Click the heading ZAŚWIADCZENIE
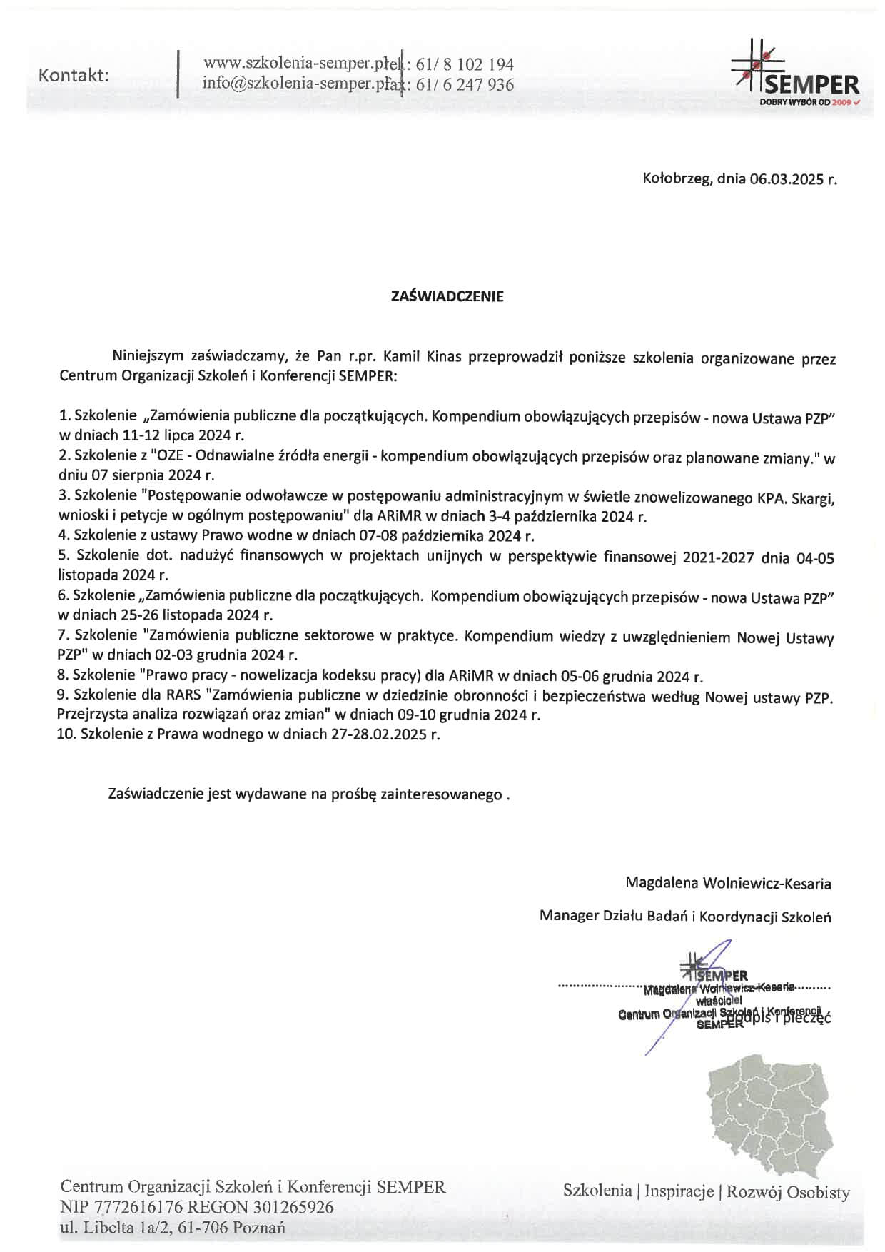447,297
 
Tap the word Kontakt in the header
74,75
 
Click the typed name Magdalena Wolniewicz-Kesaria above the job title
728,883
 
